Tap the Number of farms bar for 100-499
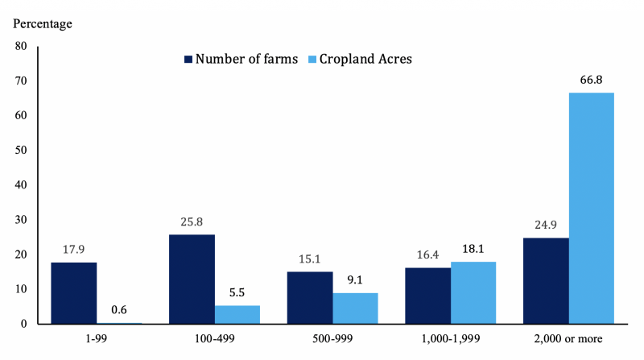coord(192,279)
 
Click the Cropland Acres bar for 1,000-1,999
coord(473,292)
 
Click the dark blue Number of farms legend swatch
coord(189,60)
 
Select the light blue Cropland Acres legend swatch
coord(313,60)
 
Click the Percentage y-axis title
coord(43,23)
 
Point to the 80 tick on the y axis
coord(21,47)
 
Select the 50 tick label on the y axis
coord(21,151)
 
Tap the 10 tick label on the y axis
coord(21,289)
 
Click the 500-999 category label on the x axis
coord(332,339)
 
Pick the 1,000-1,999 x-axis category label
coord(450,339)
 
